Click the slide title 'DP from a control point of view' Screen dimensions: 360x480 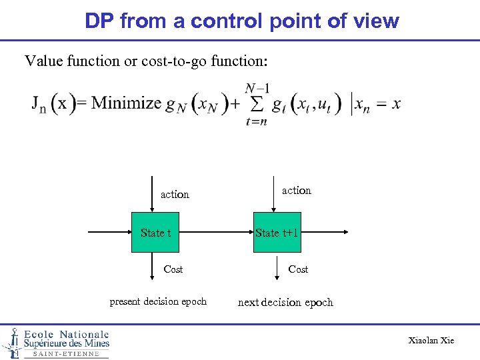pos(241,21)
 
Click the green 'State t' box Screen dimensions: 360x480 pos(155,233)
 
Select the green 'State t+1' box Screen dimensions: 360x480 pos(277,233)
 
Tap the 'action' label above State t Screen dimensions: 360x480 pos(175,195)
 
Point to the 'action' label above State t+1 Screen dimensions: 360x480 pos(296,191)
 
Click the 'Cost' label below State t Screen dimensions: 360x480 pos(173,269)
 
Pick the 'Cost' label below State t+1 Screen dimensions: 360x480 pos(298,269)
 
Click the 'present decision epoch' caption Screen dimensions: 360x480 pos(158,302)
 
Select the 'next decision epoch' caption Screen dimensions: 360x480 pos(285,303)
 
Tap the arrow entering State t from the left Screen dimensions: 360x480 pos(110,233)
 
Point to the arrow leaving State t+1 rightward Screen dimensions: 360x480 pos(323,233)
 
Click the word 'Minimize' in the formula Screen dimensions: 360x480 pos(127,103)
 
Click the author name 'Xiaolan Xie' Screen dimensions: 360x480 pos(431,341)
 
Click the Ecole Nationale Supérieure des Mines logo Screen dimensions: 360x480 pos(57,343)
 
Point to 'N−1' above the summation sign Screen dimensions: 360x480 pos(257,88)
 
